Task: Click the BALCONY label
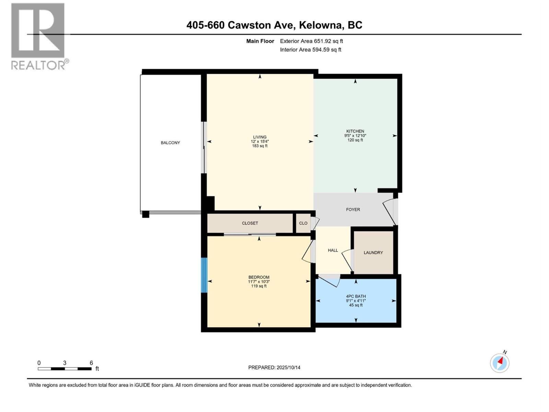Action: (170, 143)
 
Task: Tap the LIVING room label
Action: (260, 137)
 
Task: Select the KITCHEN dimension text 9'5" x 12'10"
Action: (355, 136)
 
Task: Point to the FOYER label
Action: (353, 209)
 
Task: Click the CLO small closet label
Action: (303, 223)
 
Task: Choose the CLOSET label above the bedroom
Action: (250, 223)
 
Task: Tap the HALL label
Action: (333, 250)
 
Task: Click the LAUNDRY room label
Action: (373, 253)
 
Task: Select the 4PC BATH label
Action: (356, 296)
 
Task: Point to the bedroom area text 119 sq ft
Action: (259, 286)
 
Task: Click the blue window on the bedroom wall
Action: (204, 275)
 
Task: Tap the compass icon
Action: (500, 363)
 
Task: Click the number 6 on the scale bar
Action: (91, 363)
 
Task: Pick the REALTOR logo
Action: (38, 36)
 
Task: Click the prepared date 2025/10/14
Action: (288, 367)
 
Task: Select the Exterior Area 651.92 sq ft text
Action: (311, 41)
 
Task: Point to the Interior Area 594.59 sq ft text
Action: (311, 50)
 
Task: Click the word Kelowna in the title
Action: (321, 25)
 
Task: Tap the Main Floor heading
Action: (260, 41)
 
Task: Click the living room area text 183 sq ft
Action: (260, 146)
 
